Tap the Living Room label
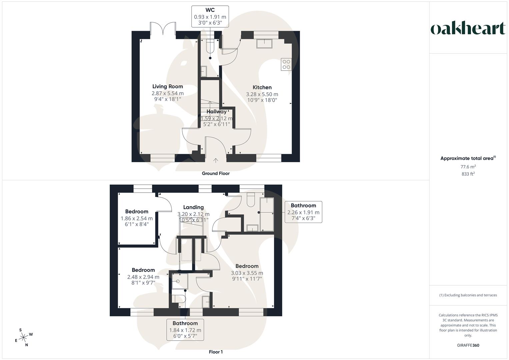(167, 86)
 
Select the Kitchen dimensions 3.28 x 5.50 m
(262, 94)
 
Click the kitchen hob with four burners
(286, 64)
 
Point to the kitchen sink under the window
(264, 43)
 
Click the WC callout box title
(210, 10)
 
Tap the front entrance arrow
(216, 160)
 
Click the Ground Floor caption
(216, 173)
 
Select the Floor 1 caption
(216, 352)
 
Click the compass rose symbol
(24, 337)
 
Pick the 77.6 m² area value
(468, 167)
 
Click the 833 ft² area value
(468, 174)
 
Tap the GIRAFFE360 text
(468, 345)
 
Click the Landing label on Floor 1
(193, 207)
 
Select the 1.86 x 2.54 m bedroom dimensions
(137, 218)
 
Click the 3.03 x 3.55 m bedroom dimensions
(247, 273)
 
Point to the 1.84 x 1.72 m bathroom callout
(185, 330)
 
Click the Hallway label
(217, 112)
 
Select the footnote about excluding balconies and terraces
(468, 295)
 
